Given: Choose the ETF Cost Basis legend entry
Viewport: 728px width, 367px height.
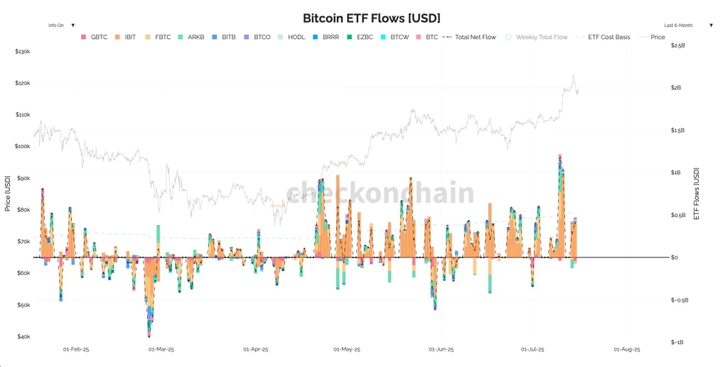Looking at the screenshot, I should coord(609,37).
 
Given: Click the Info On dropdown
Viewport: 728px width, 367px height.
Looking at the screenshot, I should coord(61,25).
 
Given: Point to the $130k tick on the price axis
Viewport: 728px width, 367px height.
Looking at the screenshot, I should coord(23,52).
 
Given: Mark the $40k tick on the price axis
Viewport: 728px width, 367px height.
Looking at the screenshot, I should coord(23,336).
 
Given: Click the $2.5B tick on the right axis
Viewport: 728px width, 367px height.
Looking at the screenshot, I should coord(678,45).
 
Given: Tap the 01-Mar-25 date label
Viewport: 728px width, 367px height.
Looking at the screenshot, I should coord(161,350).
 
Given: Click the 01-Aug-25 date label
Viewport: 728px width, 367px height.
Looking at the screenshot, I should coord(627,350).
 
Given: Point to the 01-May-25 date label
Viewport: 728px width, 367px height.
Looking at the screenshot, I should coord(347,350).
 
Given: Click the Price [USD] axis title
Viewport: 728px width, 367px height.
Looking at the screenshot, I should coord(8,193).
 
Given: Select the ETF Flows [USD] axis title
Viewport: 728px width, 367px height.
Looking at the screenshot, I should coord(697,193).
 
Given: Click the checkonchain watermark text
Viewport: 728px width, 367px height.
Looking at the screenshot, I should coord(380,193).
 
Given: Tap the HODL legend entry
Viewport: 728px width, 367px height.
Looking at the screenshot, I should coord(296,37).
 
